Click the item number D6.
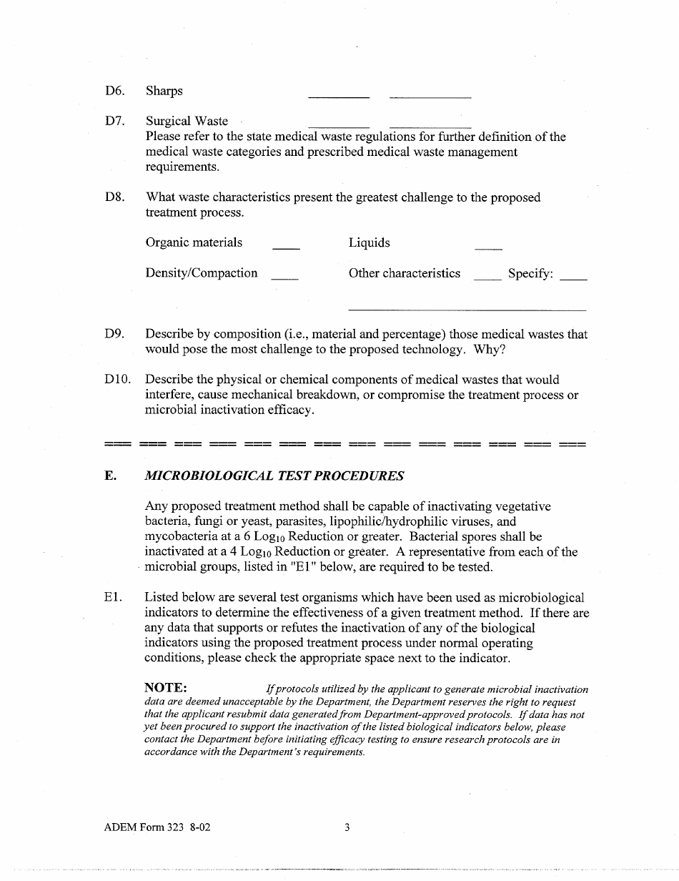(x=114, y=91)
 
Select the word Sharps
(x=164, y=91)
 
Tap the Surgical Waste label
(x=187, y=122)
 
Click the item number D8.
(x=114, y=197)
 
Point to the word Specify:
(x=530, y=273)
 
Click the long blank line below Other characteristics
(x=467, y=310)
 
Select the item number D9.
(x=114, y=334)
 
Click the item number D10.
(x=117, y=380)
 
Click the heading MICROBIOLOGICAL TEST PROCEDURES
(x=274, y=476)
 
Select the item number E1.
(x=113, y=597)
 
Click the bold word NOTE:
(x=166, y=687)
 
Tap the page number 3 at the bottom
(x=347, y=828)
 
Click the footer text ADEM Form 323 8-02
(x=157, y=828)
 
